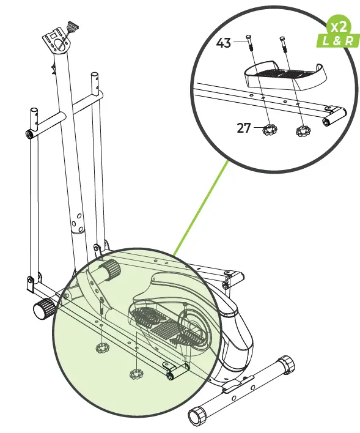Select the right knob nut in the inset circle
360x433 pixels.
tap(302, 131)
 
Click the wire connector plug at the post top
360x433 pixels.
tap(75, 28)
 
